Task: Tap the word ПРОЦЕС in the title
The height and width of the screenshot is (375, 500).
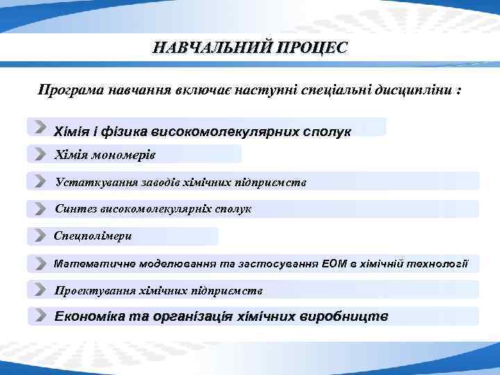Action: point(312,48)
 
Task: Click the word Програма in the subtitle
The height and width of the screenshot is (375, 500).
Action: point(68,91)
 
